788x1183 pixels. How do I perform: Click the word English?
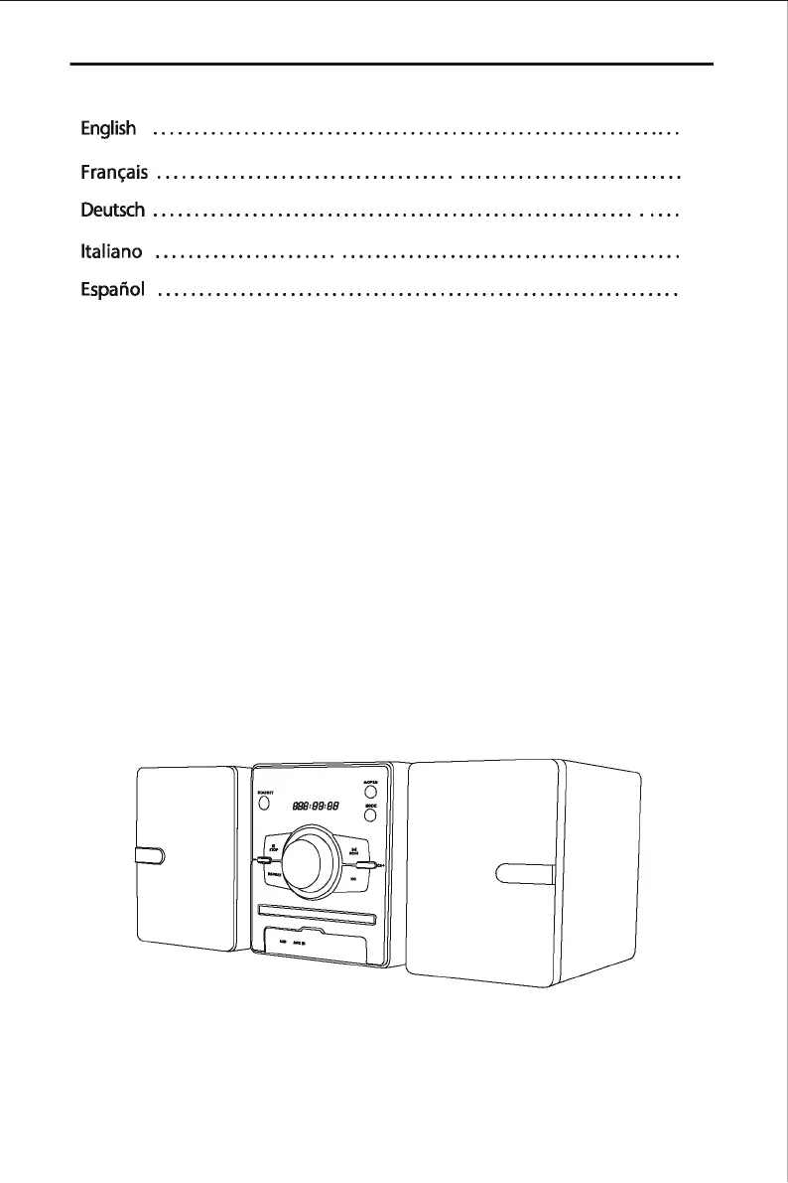tap(102, 129)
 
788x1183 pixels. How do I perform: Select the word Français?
tap(114, 173)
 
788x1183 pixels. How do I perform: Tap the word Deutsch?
tap(112, 211)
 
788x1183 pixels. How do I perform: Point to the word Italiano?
tap(111, 252)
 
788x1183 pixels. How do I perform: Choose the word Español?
tap(112, 290)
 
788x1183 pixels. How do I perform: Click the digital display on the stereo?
tap(308, 807)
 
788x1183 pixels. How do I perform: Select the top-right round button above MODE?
tap(369, 793)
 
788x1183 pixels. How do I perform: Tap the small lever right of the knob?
tap(368, 865)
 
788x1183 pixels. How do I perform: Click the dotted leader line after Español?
tap(417, 294)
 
